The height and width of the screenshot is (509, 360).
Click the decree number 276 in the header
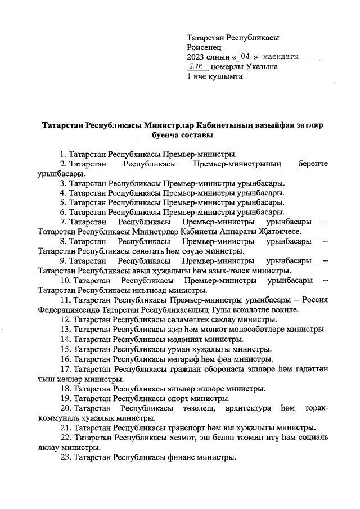197,66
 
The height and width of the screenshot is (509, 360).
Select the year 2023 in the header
196,57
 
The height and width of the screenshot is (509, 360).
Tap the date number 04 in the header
244,57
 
